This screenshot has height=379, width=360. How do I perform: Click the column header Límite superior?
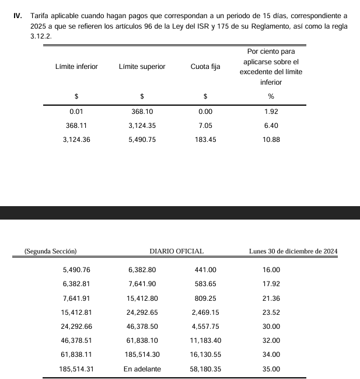[142, 67]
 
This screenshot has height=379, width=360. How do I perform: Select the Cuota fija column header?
[205, 67]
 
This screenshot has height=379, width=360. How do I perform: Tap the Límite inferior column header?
[76, 67]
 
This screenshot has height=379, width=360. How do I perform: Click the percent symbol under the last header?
[271, 96]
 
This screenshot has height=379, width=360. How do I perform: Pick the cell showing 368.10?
[142, 111]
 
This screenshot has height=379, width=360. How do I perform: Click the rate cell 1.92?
[271, 111]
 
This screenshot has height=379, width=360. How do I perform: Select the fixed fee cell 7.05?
[205, 125]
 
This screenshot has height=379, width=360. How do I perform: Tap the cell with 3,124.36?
[76, 140]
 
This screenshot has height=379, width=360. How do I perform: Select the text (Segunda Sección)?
[51, 251]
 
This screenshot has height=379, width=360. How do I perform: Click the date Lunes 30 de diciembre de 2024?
[293, 251]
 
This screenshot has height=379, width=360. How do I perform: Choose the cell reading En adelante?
[142, 368]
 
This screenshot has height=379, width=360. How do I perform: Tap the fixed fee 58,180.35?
[205, 368]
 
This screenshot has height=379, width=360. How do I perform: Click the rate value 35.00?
[271, 368]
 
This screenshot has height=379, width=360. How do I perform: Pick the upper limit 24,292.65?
[142, 312]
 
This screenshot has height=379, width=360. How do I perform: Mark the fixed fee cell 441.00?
[205, 269]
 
